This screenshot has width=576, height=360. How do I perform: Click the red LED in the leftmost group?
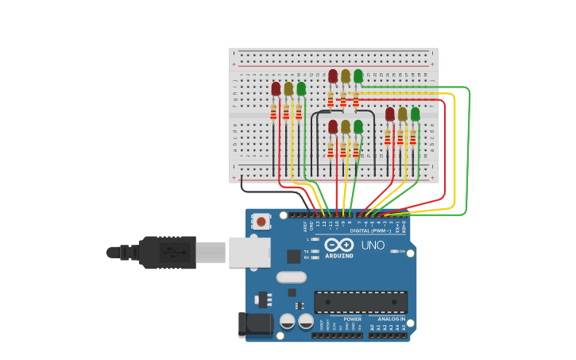pos(276,88)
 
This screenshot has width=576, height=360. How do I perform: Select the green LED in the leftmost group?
pos(301,88)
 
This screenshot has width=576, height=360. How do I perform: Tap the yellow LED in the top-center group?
pos(346,76)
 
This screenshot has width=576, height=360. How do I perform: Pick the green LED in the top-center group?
pos(358,76)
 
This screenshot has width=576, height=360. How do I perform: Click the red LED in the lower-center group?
pos(333,126)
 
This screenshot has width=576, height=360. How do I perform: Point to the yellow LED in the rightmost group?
pos(403,114)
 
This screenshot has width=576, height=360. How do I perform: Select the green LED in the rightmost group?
pos(416,114)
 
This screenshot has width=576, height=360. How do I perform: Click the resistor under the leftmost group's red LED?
pos(274,113)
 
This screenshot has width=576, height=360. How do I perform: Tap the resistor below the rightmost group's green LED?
pos(413,137)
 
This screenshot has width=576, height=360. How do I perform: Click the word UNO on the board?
pos(373,245)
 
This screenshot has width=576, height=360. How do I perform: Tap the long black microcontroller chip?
pos(361,302)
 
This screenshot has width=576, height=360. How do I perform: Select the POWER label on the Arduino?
pos(352,319)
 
